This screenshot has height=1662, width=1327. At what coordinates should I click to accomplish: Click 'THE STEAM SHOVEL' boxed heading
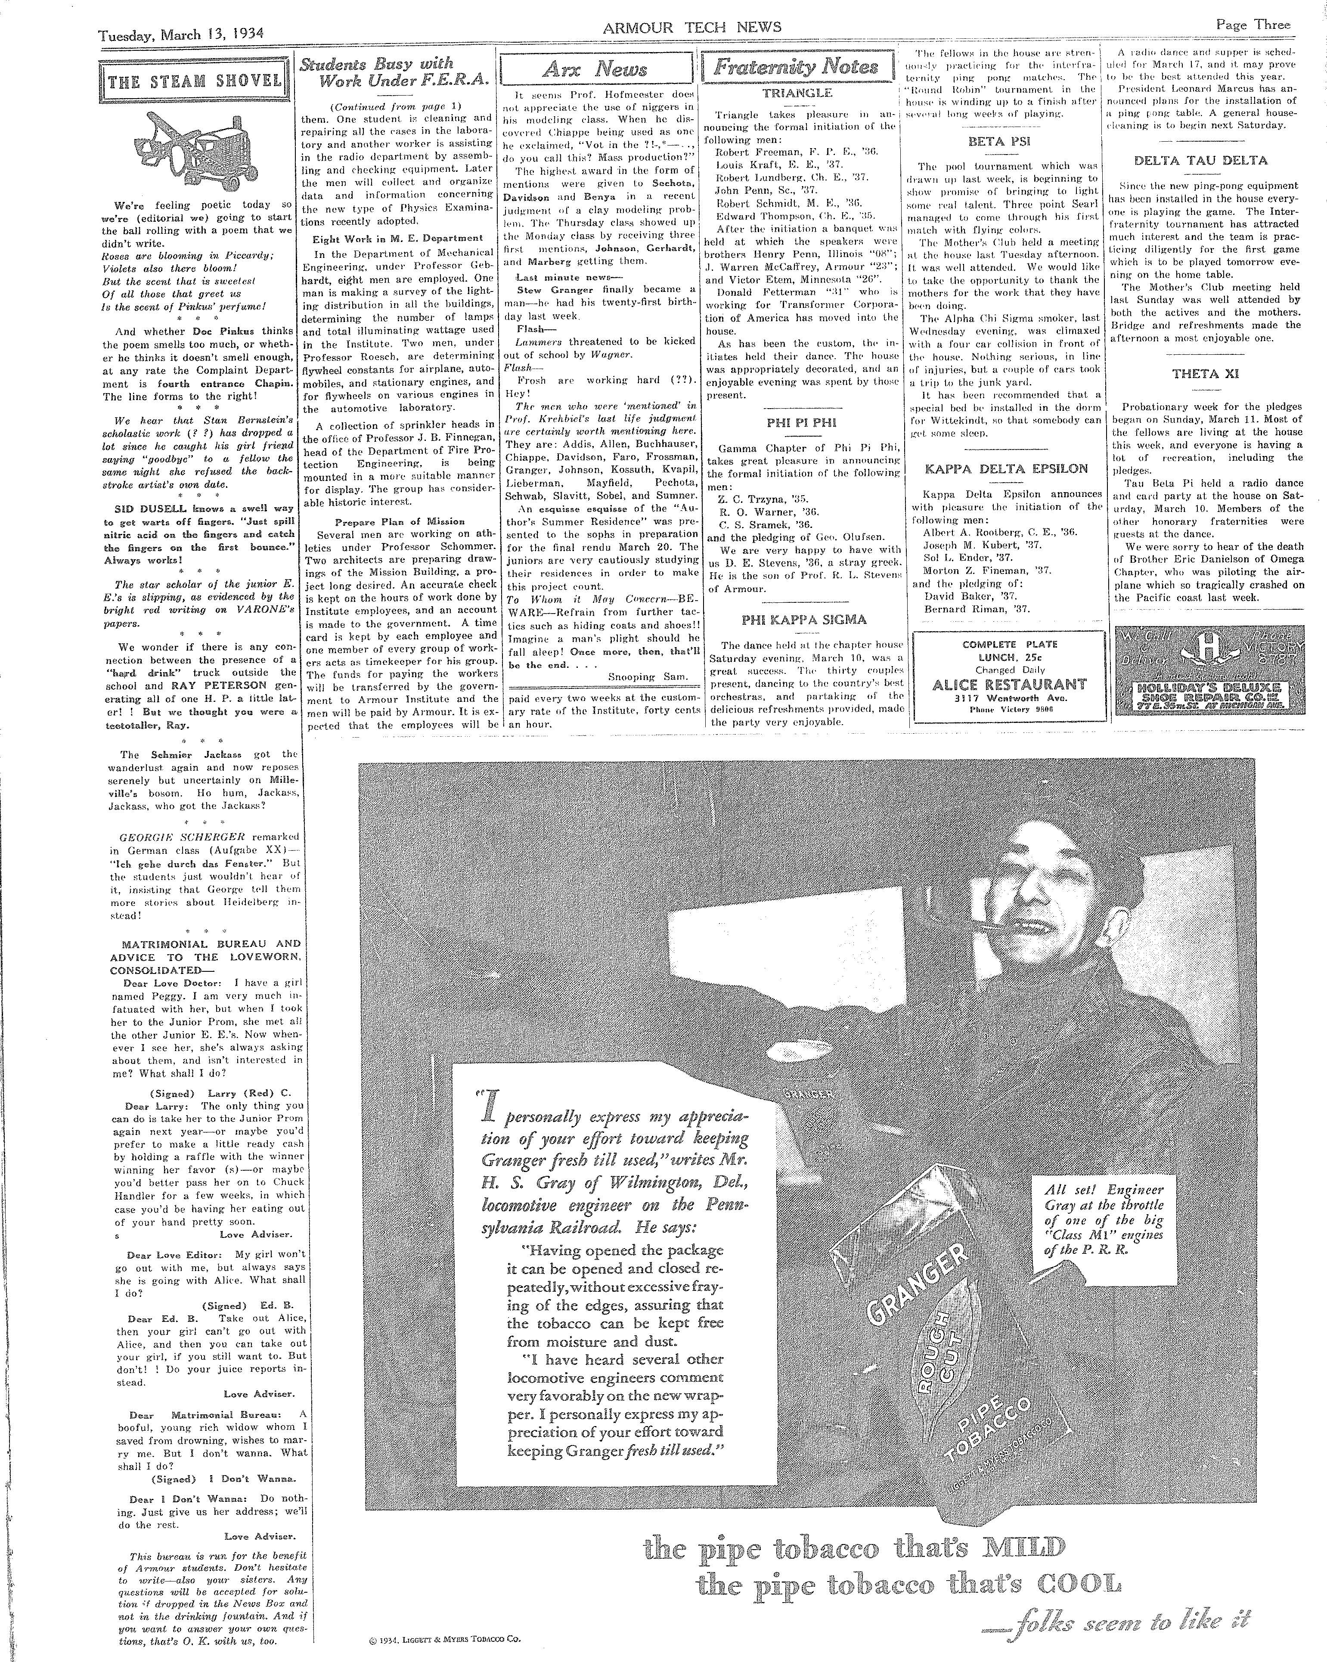(195, 81)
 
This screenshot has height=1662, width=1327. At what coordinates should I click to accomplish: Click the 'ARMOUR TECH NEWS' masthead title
(691, 28)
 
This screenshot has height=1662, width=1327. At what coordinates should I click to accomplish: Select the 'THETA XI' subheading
(1205, 375)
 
